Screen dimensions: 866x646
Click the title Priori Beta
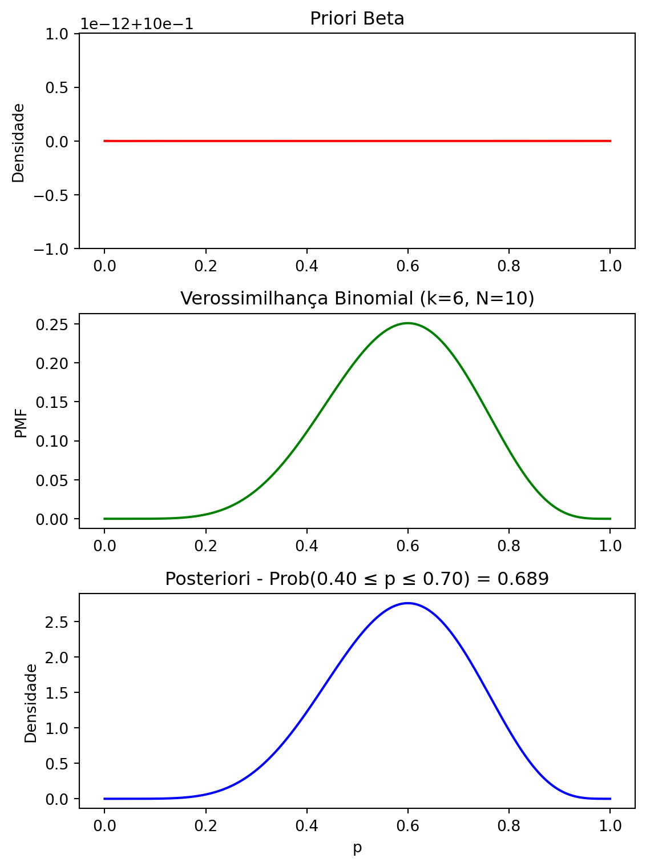pos(357,19)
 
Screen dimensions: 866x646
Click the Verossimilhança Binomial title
pos(357,299)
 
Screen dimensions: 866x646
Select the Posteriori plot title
pos(357,579)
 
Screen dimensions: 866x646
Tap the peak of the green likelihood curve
pos(407,323)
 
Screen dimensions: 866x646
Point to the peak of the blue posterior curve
pos(407,603)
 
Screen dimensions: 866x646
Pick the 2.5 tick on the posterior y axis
pos(57,622)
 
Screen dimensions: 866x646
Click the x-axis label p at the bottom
pos(357,848)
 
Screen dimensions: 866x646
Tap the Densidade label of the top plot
pos(19,142)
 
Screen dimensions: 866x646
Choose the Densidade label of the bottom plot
pos(31,703)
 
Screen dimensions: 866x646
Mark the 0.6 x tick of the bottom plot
pos(407,826)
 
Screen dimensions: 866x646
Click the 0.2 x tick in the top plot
pos(205,266)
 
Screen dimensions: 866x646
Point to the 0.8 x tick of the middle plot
pos(508,546)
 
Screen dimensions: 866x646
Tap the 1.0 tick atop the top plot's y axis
pos(57,34)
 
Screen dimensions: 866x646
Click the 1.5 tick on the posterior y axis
pos(57,692)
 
